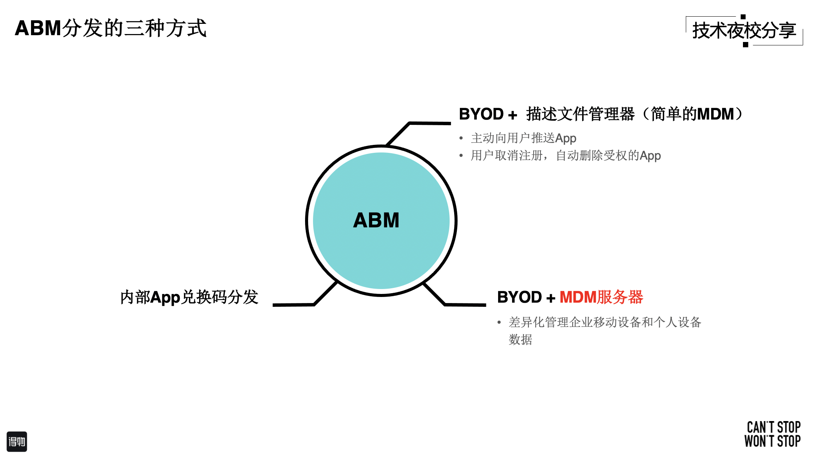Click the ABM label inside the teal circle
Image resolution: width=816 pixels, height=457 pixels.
pos(376,220)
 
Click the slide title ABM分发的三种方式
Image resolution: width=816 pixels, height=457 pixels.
pos(111,28)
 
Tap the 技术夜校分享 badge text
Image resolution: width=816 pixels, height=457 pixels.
pos(744,31)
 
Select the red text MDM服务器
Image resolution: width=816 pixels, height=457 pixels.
pos(601,297)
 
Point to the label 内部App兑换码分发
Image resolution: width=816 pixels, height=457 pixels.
pos(189,297)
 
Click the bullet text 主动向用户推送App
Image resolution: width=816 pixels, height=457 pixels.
pos(523,138)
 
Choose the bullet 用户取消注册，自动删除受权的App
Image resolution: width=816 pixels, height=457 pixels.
pos(565,156)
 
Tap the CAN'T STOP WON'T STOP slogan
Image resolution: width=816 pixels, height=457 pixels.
pos(772,434)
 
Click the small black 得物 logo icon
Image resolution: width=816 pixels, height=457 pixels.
pos(17,441)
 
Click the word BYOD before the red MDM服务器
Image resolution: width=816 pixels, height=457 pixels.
pos(519,297)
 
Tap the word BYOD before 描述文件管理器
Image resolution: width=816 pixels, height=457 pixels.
pos(481,114)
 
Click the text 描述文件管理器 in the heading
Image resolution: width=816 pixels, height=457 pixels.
pos(580,114)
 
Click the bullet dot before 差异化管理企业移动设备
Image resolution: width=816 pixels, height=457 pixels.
pos(499,323)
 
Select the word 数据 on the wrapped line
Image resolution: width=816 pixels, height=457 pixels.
pos(520,340)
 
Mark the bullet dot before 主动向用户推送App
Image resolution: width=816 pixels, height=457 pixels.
pos(461,138)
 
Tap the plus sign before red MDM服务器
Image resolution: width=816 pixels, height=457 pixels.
pos(551,298)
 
